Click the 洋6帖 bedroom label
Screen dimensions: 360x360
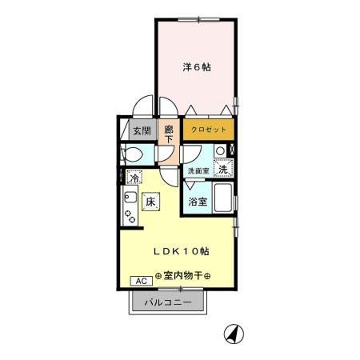pyautogui.click(x=196, y=68)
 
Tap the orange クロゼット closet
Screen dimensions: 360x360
pyautogui.click(x=209, y=129)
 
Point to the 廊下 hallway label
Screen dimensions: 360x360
pyautogui.click(x=169, y=134)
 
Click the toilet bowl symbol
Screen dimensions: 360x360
pyautogui.click(x=131, y=153)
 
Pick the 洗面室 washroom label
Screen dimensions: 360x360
pyautogui.click(x=198, y=170)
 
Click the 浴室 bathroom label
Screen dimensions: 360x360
pyautogui.click(x=198, y=202)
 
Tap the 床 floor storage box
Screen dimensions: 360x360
pyautogui.click(x=150, y=202)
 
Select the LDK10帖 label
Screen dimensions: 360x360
pyautogui.click(x=182, y=251)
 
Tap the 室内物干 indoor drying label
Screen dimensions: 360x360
pyautogui.click(x=183, y=276)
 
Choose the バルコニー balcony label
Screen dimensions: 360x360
pyautogui.click(x=167, y=303)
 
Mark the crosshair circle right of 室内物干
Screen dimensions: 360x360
pyautogui.click(x=209, y=276)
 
